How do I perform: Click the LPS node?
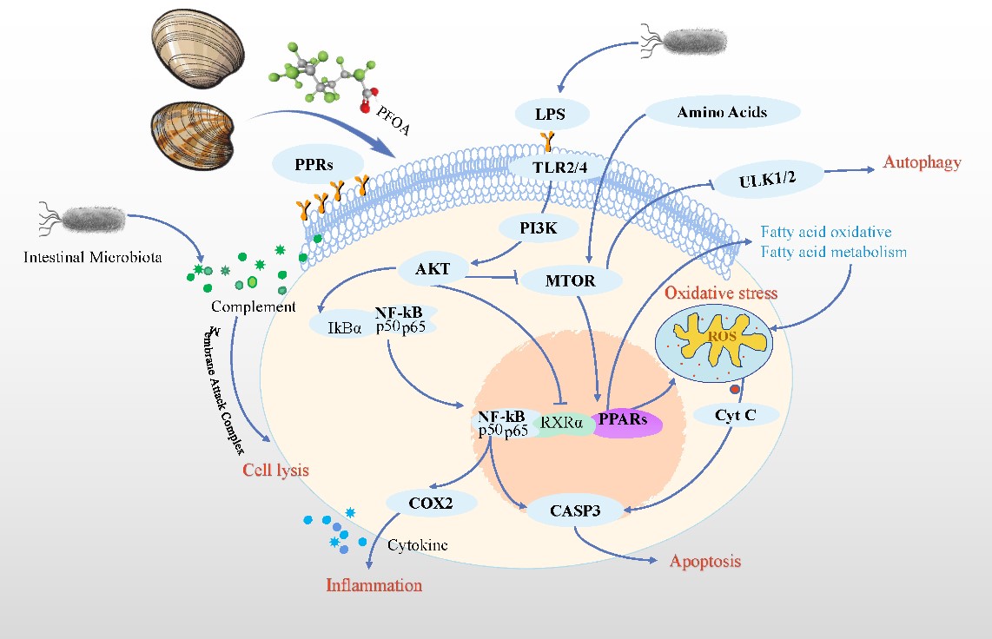coord(552,112)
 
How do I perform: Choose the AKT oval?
coord(433,269)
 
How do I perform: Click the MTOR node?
coord(572,281)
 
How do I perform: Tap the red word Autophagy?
coord(922,162)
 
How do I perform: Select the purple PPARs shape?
coord(627,424)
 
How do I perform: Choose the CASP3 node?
coord(575,511)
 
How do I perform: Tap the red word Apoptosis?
coord(704,561)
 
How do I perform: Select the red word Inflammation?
coord(374,585)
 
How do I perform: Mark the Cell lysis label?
coord(275,470)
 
